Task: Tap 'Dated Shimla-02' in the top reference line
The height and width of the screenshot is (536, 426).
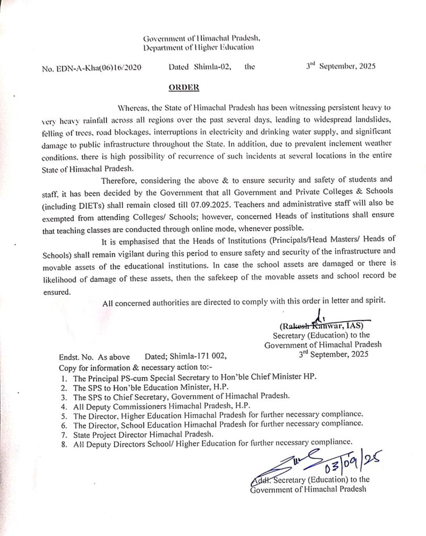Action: click(199, 68)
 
